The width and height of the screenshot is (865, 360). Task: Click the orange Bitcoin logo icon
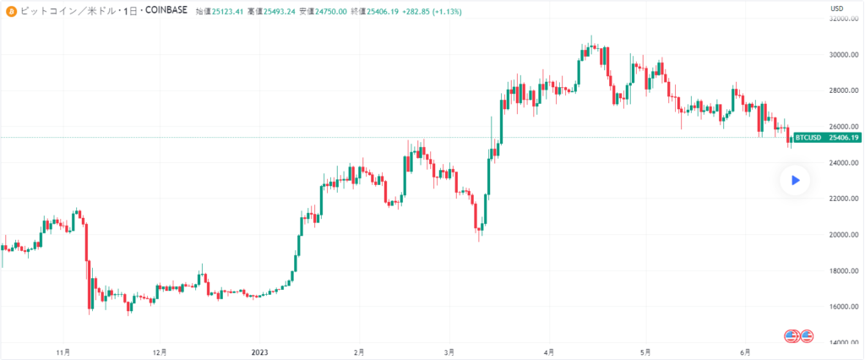point(11,11)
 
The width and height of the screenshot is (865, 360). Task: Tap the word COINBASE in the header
point(164,11)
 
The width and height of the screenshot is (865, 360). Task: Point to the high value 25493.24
point(279,11)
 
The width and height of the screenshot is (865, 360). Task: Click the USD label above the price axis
point(838,8)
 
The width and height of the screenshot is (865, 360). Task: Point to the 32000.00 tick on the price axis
point(843,19)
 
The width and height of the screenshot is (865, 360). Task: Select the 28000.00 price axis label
point(843,91)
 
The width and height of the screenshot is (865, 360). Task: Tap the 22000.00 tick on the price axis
point(843,199)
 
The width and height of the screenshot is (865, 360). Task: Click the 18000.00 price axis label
point(843,271)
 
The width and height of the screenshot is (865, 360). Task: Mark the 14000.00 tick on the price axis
point(843,343)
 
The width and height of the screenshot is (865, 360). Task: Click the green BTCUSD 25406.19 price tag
point(827,138)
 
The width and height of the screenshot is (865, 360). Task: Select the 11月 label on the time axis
point(62,352)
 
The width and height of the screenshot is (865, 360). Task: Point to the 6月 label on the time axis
point(744,352)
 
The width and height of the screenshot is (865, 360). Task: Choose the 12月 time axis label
point(160,352)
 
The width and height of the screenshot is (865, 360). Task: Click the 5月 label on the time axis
point(645,352)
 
